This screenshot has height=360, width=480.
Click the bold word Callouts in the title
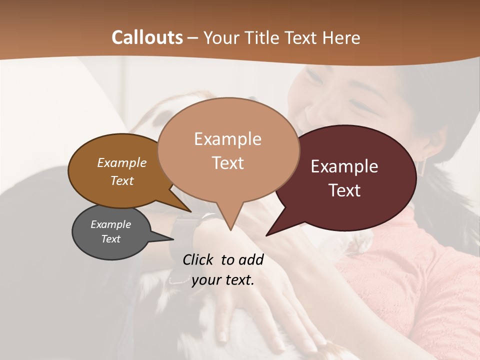[x=147, y=37]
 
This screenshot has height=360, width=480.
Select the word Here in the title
[x=341, y=37]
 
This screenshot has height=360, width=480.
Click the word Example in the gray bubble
[x=110, y=224]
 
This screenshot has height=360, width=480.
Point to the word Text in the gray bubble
[x=110, y=239]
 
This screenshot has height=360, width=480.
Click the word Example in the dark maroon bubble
[x=344, y=166]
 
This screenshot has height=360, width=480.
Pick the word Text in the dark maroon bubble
[x=344, y=190]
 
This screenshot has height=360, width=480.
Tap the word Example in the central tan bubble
[x=227, y=139]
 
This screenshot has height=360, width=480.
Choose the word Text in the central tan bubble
[x=227, y=163]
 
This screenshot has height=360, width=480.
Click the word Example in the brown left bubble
[x=121, y=163]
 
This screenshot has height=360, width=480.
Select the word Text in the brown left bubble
[x=121, y=180]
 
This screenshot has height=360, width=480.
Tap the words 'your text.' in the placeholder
[x=223, y=280]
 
